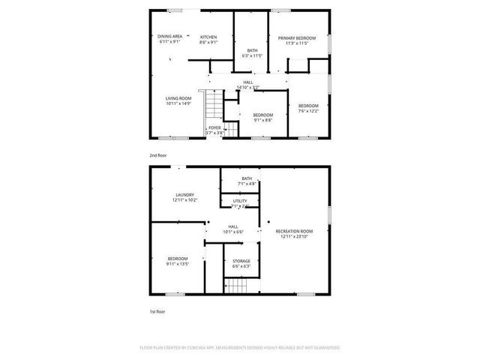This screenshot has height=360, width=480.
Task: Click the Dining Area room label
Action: tap(170, 36)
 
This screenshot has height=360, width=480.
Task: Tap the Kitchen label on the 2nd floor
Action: tap(208, 37)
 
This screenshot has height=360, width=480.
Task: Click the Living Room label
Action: tap(178, 98)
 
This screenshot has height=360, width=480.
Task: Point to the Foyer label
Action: tap(214, 128)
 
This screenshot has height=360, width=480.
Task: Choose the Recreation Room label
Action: tap(294, 231)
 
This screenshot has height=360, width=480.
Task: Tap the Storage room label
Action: tap(241, 261)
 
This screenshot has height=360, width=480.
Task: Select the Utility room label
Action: tap(240, 201)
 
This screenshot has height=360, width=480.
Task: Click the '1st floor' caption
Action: tap(157, 310)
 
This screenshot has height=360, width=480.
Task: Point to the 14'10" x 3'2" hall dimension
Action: tap(247, 88)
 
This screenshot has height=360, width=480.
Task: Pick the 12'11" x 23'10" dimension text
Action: tap(294, 236)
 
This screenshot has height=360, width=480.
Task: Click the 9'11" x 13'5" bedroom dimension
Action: tap(178, 263)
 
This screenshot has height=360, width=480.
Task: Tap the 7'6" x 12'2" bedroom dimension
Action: tap(308, 111)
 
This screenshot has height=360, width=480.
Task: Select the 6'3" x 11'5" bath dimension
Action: tap(252, 56)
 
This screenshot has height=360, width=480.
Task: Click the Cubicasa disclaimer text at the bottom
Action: tap(240, 348)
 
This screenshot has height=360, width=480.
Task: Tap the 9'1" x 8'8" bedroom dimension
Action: tap(262, 120)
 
